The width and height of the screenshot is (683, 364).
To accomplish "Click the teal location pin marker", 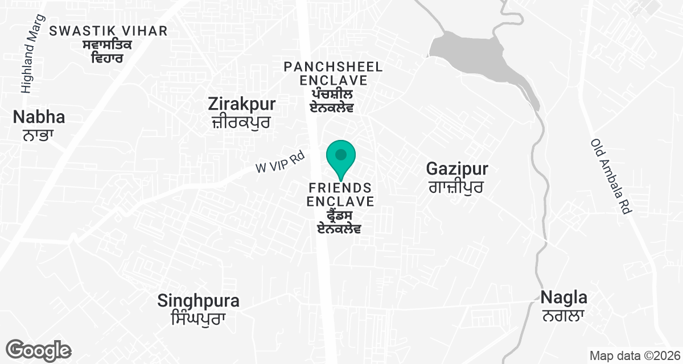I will (x=340, y=157).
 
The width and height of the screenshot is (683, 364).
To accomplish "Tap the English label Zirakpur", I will (x=242, y=105).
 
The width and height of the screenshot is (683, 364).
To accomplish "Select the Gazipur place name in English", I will (x=458, y=168).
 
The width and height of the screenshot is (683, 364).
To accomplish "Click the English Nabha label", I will (x=39, y=118).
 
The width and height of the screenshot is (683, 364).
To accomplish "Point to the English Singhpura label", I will (x=198, y=301).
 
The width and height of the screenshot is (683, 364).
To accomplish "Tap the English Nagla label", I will (x=563, y=297).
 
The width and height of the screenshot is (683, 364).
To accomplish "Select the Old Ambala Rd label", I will (x=612, y=176).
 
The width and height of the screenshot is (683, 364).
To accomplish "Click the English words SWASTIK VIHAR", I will (x=108, y=31).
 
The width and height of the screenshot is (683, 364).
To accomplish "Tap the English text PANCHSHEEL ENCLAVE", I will (x=333, y=73).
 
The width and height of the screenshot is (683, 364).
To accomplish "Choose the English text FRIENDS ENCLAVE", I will (x=340, y=195).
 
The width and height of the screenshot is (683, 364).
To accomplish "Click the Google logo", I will (x=38, y=350).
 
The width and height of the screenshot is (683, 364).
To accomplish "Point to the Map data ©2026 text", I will (x=634, y=355).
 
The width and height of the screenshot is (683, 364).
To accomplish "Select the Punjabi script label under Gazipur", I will (x=456, y=187).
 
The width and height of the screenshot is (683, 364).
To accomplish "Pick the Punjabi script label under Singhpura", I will (x=198, y=319).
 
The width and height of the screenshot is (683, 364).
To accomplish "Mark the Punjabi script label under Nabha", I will (x=38, y=136).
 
